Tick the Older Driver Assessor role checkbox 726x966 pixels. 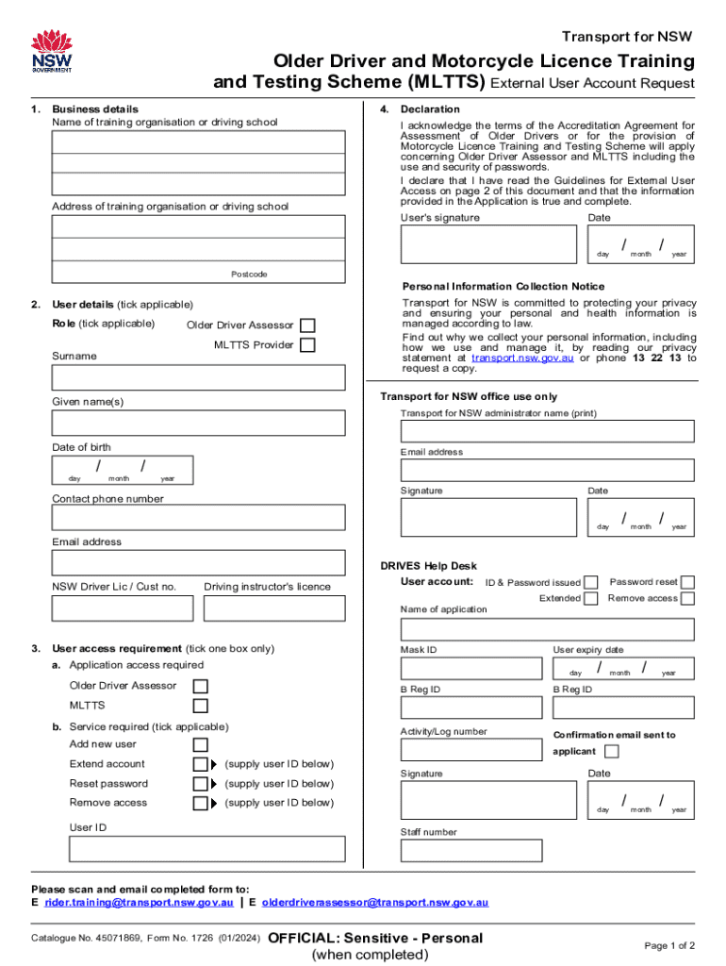coord(307,325)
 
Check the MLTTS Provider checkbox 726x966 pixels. coord(307,345)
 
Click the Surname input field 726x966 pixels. coord(198,377)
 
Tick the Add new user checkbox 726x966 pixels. coord(200,744)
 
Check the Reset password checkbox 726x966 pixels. coord(200,784)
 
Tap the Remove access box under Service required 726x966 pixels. coord(200,804)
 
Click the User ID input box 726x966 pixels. coord(198,850)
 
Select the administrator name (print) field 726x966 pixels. coord(547,431)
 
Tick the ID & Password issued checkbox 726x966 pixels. coord(590,583)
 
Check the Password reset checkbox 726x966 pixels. coord(687,582)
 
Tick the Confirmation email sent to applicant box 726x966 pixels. coord(611,752)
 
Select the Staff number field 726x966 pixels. coord(471,850)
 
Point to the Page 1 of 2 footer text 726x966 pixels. coord(669,945)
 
